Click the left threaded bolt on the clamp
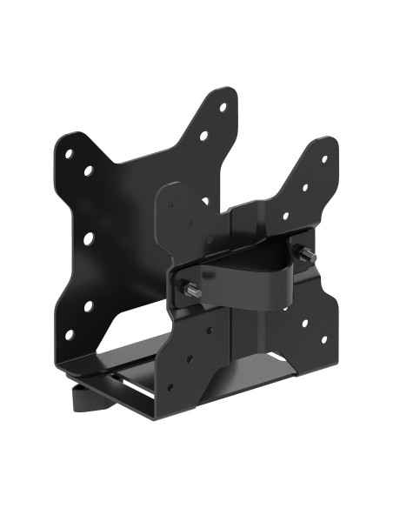point(194,291)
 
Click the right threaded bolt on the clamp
point(306,254)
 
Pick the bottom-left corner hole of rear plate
point(69,335)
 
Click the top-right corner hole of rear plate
point(223,108)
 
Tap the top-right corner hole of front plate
point(324,159)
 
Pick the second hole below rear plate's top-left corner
point(88,170)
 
